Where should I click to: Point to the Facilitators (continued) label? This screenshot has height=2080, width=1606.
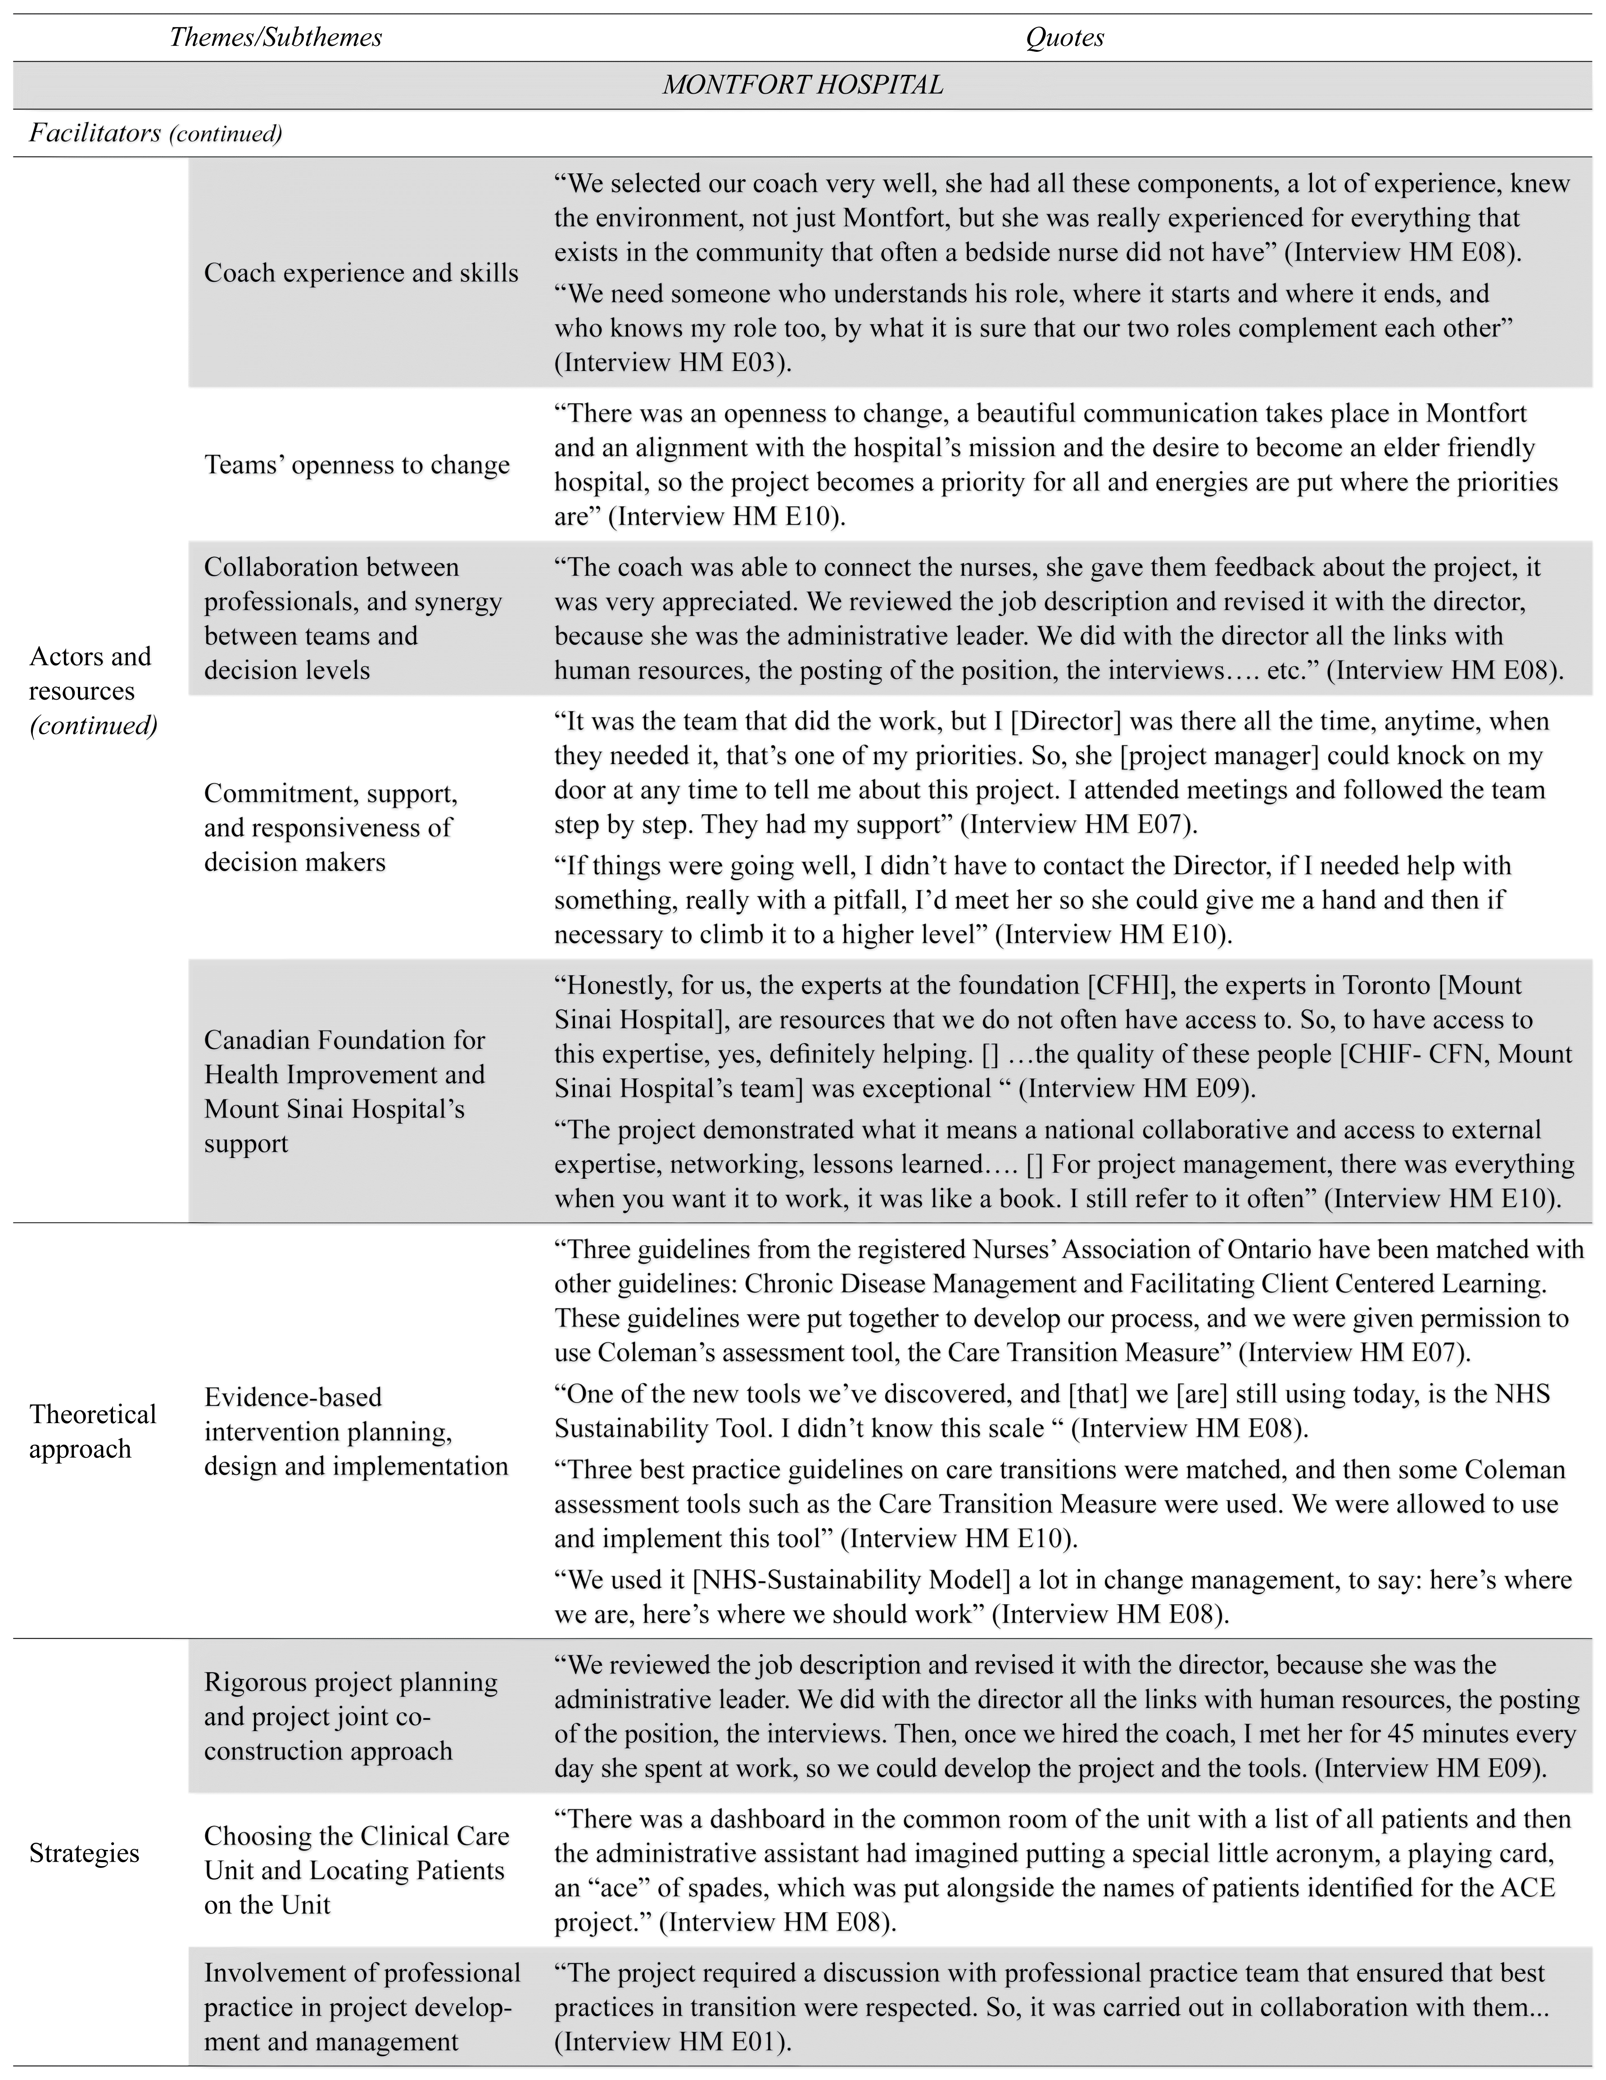click(155, 133)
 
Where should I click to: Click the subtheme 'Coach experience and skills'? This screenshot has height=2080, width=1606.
click(361, 273)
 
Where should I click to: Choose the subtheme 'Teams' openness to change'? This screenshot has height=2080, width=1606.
click(357, 465)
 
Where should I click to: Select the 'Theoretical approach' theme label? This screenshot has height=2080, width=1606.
click(92, 1431)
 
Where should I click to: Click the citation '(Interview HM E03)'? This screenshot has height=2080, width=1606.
click(673, 363)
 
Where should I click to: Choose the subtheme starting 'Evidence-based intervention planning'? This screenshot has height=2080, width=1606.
click(355, 1431)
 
